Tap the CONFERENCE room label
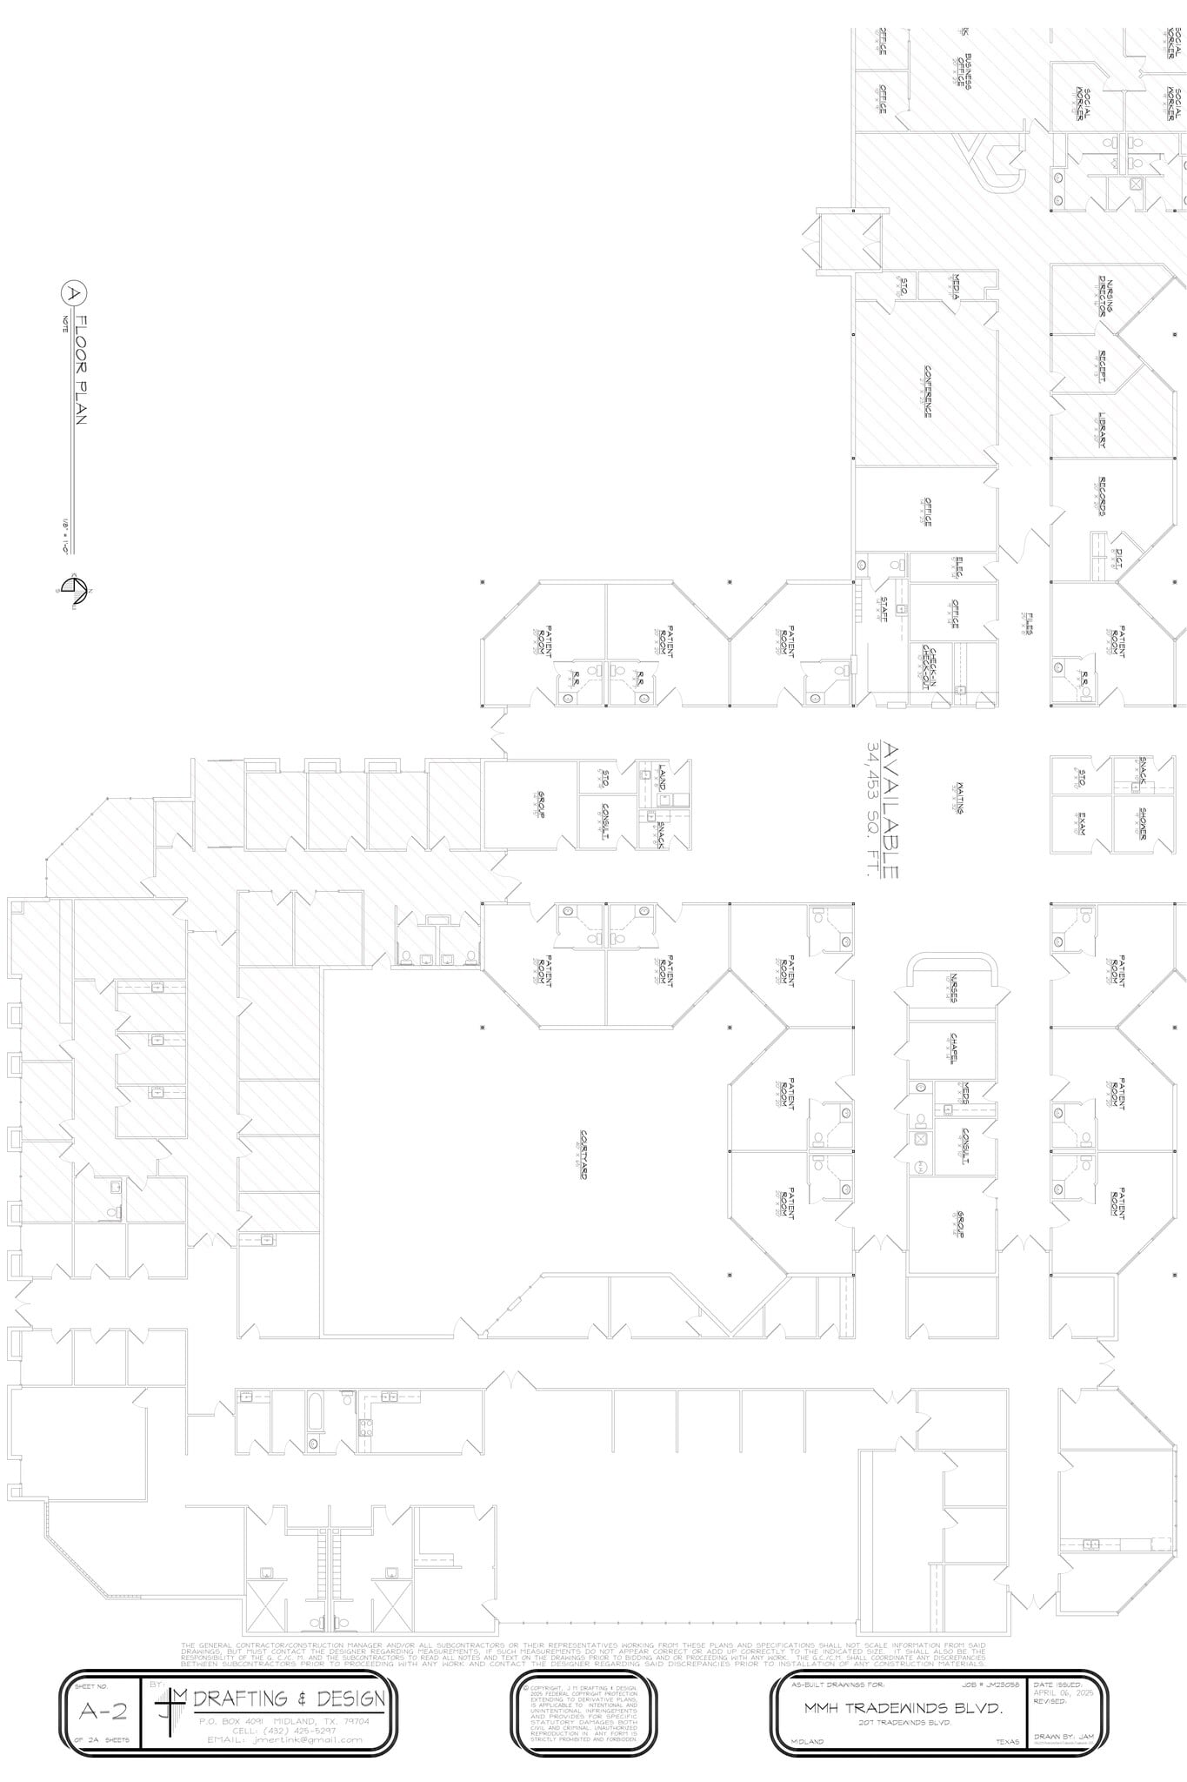pyautogui.click(x=927, y=392)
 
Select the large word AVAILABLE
pyautogui.click(x=891, y=810)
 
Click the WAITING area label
pyautogui.click(x=960, y=796)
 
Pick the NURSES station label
pyautogui.click(x=955, y=987)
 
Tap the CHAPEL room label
pyautogui.click(x=955, y=1048)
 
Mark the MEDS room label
pyautogui.click(x=964, y=1093)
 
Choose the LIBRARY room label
pyautogui.click(x=1103, y=430)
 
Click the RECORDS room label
pyautogui.click(x=1103, y=496)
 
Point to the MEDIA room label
pyautogui.click(x=956, y=285)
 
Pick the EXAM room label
pyautogui.click(x=1082, y=822)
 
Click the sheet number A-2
pyautogui.click(x=103, y=1712)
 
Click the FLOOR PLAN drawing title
pyautogui.click(x=80, y=370)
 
